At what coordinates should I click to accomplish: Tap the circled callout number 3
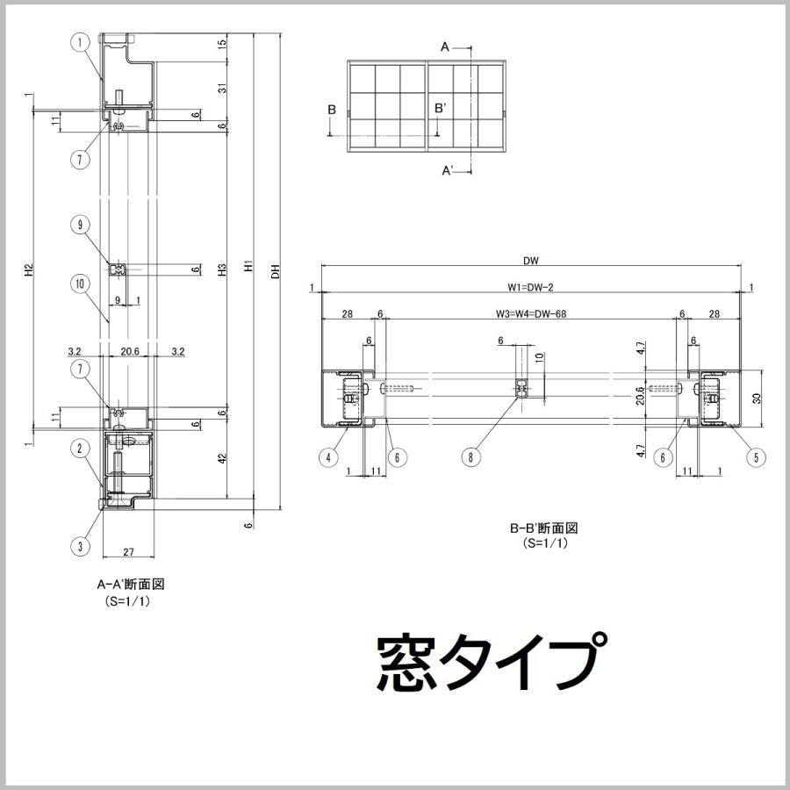(x=80, y=546)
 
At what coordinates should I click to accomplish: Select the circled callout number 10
(x=80, y=284)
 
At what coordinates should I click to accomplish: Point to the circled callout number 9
(x=80, y=225)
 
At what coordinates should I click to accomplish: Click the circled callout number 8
(x=471, y=456)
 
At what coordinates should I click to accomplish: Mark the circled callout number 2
(x=80, y=449)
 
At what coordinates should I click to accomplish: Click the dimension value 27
(x=128, y=552)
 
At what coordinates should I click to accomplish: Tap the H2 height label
(x=28, y=271)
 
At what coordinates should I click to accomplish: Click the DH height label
(x=276, y=271)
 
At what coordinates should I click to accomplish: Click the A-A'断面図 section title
(x=131, y=584)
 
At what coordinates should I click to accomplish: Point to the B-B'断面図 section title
(x=544, y=528)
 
